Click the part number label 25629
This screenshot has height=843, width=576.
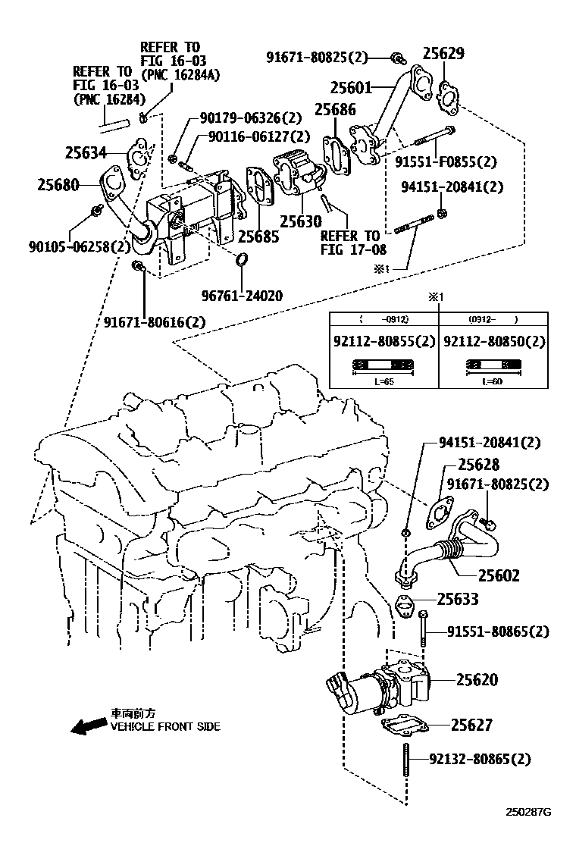(x=443, y=54)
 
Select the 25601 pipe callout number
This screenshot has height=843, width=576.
(x=351, y=88)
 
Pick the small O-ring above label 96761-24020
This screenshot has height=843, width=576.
(x=242, y=262)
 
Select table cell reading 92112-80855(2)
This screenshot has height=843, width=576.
(x=385, y=342)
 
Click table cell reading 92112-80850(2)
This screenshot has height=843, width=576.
(x=493, y=342)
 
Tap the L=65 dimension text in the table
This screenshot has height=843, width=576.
(x=384, y=382)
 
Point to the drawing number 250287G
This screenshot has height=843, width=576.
(x=528, y=813)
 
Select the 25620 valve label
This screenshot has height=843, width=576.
(x=477, y=680)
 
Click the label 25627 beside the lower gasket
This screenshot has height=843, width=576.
(x=471, y=725)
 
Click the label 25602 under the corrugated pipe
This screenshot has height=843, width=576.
(x=499, y=576)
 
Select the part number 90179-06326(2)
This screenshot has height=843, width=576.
(x=251, y=118)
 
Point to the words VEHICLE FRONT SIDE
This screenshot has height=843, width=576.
(x=165, y=726)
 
